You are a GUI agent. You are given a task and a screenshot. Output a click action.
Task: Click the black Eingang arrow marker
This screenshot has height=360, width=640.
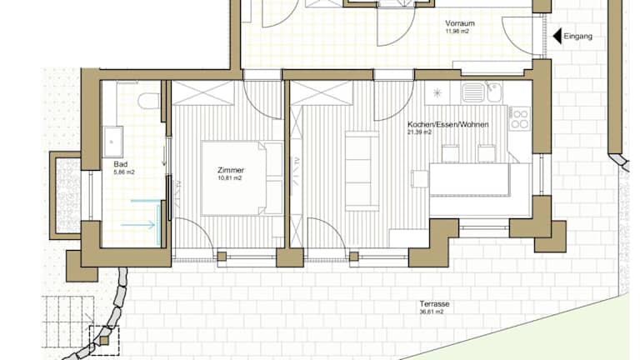557,37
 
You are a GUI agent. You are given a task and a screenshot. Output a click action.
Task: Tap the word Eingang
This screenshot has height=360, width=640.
578,37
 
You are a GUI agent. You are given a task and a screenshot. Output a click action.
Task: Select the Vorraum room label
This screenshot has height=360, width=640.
460,23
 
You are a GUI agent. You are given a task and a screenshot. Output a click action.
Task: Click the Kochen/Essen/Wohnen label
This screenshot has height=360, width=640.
448,124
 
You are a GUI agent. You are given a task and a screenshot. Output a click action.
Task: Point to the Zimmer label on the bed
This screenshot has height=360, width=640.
231,170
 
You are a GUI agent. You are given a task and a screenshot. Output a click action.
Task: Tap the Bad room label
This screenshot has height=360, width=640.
120,164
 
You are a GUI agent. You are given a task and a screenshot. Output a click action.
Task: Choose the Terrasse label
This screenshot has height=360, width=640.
434,304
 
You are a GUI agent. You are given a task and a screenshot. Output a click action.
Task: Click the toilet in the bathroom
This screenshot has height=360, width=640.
148,101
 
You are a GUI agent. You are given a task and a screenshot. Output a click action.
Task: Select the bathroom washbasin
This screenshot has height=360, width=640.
113,142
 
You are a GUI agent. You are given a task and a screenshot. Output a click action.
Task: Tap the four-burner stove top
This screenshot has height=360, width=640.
520,118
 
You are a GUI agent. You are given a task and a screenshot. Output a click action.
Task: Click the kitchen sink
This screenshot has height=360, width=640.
482,92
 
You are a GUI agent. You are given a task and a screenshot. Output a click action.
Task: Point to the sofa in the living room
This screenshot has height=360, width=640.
362,171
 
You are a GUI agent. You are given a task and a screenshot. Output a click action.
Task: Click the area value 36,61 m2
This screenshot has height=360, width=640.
432,312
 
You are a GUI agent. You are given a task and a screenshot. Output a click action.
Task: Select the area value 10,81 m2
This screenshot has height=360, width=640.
230,178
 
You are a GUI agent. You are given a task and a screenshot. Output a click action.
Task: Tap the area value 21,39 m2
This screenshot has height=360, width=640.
420,132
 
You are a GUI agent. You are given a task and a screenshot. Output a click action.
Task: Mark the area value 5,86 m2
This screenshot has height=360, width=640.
124,172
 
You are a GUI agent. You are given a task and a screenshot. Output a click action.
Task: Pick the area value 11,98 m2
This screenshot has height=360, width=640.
457,31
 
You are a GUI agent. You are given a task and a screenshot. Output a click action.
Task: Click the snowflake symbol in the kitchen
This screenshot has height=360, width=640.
437,93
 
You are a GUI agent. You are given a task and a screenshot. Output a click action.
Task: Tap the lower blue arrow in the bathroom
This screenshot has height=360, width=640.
138,224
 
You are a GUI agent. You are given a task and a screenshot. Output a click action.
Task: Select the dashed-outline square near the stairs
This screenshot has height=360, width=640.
104,340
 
